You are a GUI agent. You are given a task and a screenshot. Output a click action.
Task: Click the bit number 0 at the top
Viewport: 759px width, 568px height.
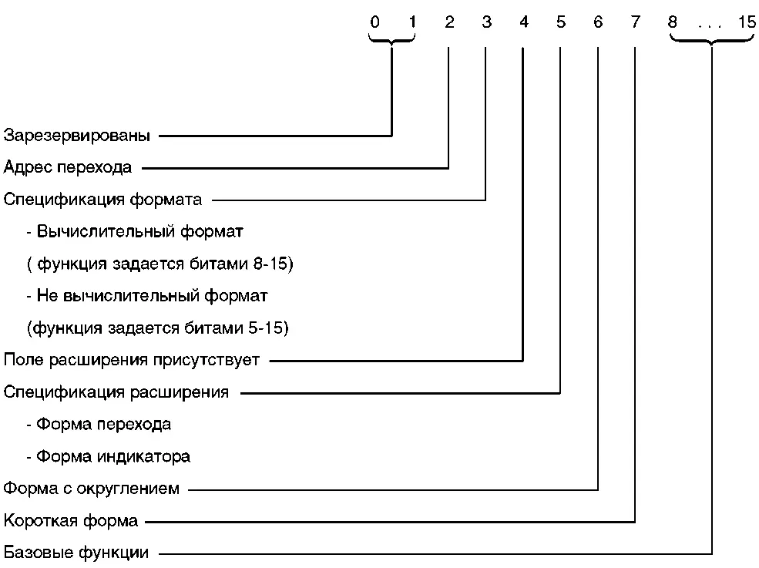[374, 22]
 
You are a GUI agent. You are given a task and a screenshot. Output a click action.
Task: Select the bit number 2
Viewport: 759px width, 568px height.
[449, 22]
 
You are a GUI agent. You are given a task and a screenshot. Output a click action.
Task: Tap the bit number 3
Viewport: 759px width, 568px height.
[486, 22]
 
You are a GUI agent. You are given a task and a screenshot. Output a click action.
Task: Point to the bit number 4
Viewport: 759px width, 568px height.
[524, 22]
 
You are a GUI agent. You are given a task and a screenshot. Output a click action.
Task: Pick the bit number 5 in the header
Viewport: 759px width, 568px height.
[560, 22]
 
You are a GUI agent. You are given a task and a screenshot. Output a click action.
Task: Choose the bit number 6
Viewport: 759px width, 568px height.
[599, 22]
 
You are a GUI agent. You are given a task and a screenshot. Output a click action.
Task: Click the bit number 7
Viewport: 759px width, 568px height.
[635, 22]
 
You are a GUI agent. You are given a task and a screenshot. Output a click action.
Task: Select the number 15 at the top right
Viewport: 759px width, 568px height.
[747, 22]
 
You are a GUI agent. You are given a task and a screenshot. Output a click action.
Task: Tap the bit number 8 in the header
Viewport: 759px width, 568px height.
[672, 22]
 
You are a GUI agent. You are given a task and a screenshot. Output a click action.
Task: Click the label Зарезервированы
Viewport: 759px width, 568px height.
[77, 136]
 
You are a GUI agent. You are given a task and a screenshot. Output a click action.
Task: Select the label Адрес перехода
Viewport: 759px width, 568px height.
[68, 166]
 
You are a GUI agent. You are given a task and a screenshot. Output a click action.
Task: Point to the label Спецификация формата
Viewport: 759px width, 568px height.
[102, 200]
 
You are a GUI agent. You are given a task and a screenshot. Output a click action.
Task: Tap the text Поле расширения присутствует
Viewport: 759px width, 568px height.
[132, 360]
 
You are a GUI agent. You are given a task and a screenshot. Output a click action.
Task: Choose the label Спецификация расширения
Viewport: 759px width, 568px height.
[116, 392]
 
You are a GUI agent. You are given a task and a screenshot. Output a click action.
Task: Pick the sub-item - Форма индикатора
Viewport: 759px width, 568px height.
[108, 456]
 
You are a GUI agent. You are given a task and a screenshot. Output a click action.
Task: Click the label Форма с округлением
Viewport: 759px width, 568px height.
[92, 489]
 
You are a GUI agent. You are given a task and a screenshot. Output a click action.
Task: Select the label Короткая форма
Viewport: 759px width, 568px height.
[71, 521]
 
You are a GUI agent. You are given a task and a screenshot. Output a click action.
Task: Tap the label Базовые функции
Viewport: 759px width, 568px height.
[76, 553]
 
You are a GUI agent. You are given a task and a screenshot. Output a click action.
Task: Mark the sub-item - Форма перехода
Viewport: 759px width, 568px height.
[99, 425]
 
